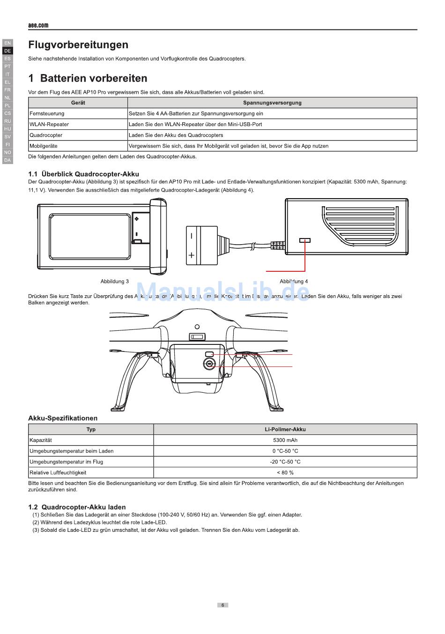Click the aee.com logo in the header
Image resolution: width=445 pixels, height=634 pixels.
pyautogui.click(x=38, y=25)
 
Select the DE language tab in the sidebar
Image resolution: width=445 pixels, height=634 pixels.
pyautogui.click(x=7, y=51)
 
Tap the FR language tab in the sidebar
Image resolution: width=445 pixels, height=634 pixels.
pyautogui.click(x=7, y=90)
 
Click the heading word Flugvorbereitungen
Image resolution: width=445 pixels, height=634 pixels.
pyautogui.click(x=78, y=45)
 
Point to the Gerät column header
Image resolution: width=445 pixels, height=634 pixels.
pyautogui.click(x=78, y=103)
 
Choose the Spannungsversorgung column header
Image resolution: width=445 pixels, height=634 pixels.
pyautogui.click(x=272, y=103)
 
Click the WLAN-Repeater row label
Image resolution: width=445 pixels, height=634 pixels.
pyautogui.click(x=49, y=124)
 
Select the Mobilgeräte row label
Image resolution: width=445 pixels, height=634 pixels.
pyautogui.click(x=44, y=146)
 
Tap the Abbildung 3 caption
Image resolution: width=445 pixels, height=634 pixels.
pyautogui.click(x=114, y=282)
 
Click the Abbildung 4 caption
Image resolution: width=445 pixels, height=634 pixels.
pyautogui.click(x=294, y=282)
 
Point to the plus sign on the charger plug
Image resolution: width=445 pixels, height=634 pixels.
pyautogui.click(x=191, y=255)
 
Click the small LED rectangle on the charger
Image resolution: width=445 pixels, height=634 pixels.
pyautogui.click(x=305, y=240)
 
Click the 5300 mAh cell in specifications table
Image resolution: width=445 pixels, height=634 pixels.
pyautogui.click(x=285, y=440)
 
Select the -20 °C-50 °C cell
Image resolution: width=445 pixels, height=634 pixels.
pyautogui.click(x=285, y=462)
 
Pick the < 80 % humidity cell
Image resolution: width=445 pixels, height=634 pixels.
pyautogui.click(x=285, y=472)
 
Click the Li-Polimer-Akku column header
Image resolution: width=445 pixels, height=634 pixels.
pyautogui.click(x=285, y=429)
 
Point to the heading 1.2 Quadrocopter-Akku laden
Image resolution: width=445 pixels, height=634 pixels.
pyautogui.click(x=77, y=507)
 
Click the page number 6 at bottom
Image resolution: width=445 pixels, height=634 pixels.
pyautogui.click(x=222, y=605)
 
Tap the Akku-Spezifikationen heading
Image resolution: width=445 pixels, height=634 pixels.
pyautogui.click(x=63, y=418)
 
